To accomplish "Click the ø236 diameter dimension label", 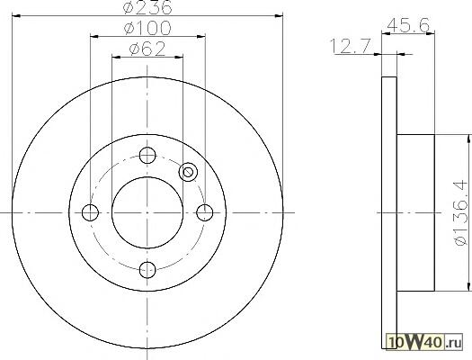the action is [147, 6].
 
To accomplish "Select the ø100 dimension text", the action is [147, 28].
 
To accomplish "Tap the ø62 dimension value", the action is [147, 49].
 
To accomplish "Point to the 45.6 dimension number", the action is [408, 25].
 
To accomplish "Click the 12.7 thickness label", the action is [350, 46].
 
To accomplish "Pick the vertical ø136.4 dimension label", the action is [462, 213].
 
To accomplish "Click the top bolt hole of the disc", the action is [147, 156].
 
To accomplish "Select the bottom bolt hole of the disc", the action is [147, 270].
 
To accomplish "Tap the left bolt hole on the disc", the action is [90, 212].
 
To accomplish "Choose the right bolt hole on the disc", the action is [205, 212].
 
